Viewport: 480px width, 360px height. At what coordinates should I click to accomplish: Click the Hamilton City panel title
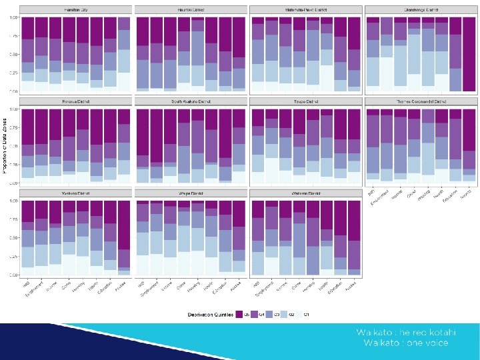pyautogui.click(x=75, y=10)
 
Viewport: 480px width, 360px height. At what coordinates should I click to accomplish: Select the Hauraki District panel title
pyautogui.click(x=190, y=10)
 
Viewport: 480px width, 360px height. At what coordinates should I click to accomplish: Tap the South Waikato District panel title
pyautogui.click(x=190, y=101)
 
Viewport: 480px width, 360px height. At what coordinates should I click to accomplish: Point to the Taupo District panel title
pyautogui.click(x=305, y=101)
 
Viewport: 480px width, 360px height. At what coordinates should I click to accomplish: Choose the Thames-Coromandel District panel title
pyautogui.click(x=421, y=101)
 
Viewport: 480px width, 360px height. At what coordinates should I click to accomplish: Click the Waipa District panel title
pyautogui.click(x=190, y=193)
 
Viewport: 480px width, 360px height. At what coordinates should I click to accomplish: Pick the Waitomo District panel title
pyautogui.click(x=305, y=193)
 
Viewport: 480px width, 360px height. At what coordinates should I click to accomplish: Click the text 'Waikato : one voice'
pyautogui.click(x=405, y=343)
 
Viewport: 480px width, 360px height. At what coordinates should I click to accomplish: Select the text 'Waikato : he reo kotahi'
pyautogui.click(x=405, y=332)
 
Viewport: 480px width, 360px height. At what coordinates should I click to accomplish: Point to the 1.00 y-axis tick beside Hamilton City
pyautogui.click(x=13, y=17)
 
